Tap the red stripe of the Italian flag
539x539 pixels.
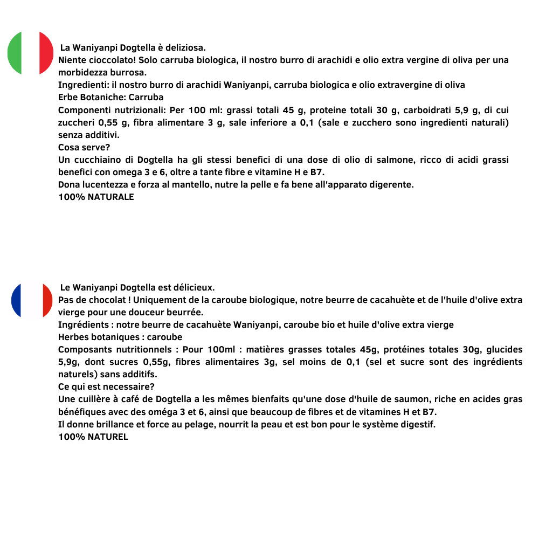(x=47, y=53)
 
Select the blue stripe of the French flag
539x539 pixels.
(x=17, y=300)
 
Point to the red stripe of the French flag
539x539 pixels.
(x=47, y=300)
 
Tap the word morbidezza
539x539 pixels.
(x=82, y=72)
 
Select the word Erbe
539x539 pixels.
(x=68, y=98)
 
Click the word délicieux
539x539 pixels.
(x=192, y=287)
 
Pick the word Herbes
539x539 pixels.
(x=73, y=337)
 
